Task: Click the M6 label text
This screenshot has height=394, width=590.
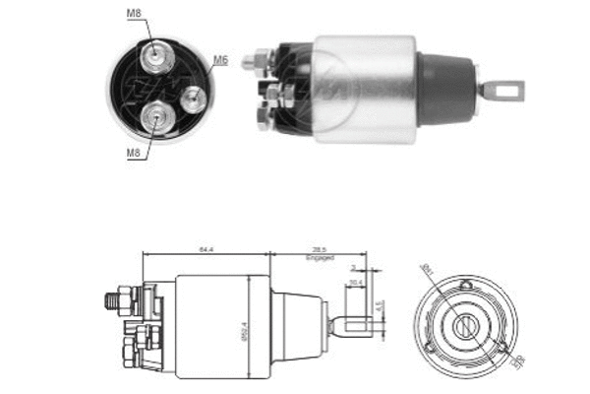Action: tap(221, 60)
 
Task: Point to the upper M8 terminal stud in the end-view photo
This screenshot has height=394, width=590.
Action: tap(155, 58)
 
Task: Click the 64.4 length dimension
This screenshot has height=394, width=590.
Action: tap(206, 251)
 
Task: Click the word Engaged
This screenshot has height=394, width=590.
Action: tap(320, 260)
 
